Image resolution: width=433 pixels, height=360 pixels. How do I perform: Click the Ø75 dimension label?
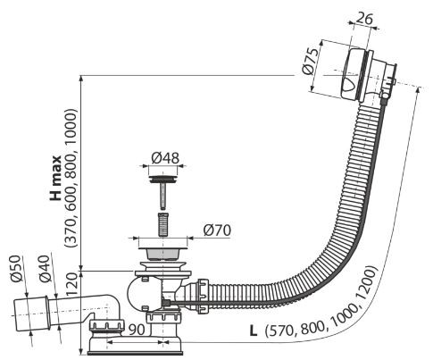click(x=309, y=62)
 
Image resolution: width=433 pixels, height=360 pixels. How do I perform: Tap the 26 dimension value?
click(x=364, y=19)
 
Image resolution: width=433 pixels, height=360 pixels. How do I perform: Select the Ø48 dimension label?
click(x=165, y=158)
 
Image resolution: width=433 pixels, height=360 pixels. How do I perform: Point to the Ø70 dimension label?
click(x=217, y=230)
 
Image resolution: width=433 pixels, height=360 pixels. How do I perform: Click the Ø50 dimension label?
click(x=16, y=269)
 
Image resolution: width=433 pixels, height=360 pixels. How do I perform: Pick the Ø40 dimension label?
click(x=45, y=269)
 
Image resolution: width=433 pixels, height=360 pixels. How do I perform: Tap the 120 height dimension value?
click(x=72, y=285)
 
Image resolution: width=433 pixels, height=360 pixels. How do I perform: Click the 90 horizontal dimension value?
click(x=137, y=329)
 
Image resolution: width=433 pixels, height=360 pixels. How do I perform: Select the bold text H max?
click(x=55, y=178)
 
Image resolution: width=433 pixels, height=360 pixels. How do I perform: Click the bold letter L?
click(x=254, y=331)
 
